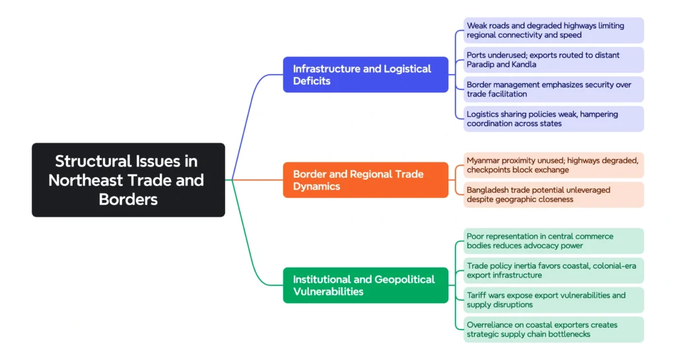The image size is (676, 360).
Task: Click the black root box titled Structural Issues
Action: click(128, 180)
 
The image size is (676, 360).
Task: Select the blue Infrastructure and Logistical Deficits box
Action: click(365, 75)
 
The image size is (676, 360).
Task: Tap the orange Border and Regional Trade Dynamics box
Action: click(365, 180)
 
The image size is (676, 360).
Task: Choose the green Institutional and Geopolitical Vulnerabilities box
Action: click(365, 285)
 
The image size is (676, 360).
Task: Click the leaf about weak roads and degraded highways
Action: click(553, 30)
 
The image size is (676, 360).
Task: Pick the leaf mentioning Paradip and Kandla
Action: click(553, 59)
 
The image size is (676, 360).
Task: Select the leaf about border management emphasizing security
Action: click(553, 89)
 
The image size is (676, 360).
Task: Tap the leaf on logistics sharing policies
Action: click(553, 119)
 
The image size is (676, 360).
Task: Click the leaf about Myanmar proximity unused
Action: click(553, 165)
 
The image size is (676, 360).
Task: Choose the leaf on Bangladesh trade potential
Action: click(553, 194)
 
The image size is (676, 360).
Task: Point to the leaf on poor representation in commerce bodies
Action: click(553, 241)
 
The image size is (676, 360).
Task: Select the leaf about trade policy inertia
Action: click(553, 270)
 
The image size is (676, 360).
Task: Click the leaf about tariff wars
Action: click(553, 300)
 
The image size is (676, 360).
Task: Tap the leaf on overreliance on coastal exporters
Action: click(553, 329)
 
